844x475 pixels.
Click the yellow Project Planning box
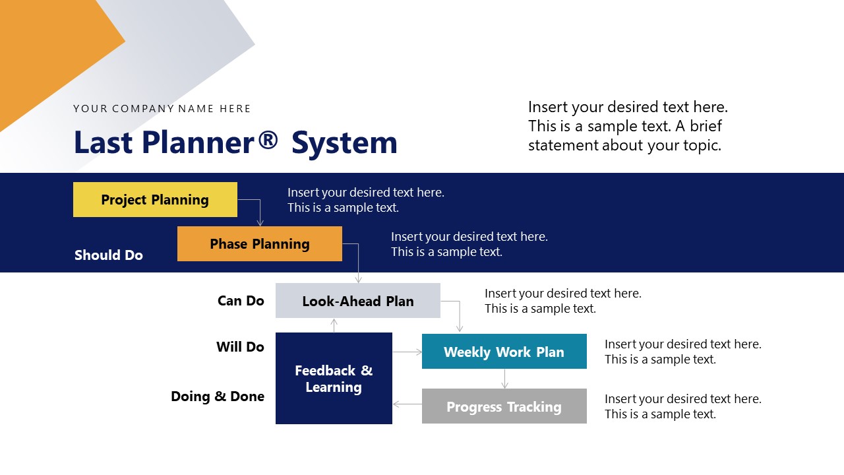click(155, 200)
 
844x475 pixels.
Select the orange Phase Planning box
click(259, 244)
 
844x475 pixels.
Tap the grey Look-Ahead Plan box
click(357, 301)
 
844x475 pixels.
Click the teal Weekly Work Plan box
click(504, 352)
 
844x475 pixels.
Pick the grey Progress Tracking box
click(504, 406)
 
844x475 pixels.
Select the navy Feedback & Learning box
click(334, 379)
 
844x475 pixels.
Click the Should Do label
click(109, 255)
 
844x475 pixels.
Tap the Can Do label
click(241, 301)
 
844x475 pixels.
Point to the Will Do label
click(240, 347)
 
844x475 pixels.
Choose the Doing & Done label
click(218, 396)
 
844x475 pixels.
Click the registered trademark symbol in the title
click(268, 140)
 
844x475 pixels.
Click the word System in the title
click(344, 143)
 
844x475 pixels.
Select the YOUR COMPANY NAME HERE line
click(162, 109)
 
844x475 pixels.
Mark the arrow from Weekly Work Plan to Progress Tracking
click(504, 379)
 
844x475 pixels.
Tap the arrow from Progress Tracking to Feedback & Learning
click(407, 404)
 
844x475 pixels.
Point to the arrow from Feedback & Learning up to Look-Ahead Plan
click(334, 325)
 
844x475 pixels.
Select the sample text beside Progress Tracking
click(682, 406)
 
